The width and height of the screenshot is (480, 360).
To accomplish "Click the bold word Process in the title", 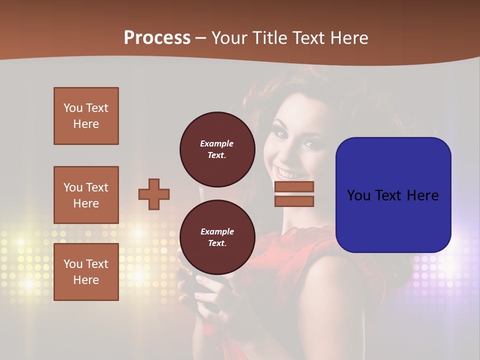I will coord(157,38).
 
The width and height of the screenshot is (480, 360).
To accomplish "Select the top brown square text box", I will coord(86,116).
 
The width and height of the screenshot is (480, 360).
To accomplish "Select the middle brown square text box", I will coord(86,195).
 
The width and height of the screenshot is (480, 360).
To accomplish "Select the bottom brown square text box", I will coord(86,272).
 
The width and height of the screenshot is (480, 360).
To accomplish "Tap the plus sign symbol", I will coord(154,194).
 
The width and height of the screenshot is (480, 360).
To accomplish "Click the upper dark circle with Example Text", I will coord(217,149).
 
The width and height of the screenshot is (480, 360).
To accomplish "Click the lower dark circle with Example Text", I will coord(217,237).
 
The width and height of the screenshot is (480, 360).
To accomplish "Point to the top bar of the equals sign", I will coord(294,187).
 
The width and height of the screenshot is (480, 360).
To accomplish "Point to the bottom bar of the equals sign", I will coord(294,201).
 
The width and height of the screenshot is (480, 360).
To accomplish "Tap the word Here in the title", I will coord(350,38).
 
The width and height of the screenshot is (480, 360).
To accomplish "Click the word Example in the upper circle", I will coord(217,144).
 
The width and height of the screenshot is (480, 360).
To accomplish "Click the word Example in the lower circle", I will coord(217,232).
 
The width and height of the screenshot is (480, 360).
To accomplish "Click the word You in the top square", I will coord(73,108).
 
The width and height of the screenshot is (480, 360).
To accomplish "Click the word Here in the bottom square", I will coord(86,280).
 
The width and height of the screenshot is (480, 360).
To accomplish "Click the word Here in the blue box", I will coord(422,195).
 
